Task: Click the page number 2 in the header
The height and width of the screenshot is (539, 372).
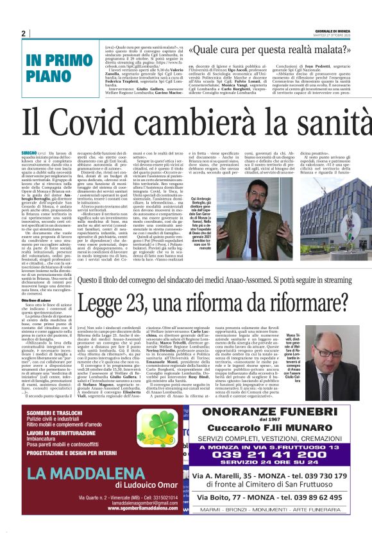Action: [x=23, y=33]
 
